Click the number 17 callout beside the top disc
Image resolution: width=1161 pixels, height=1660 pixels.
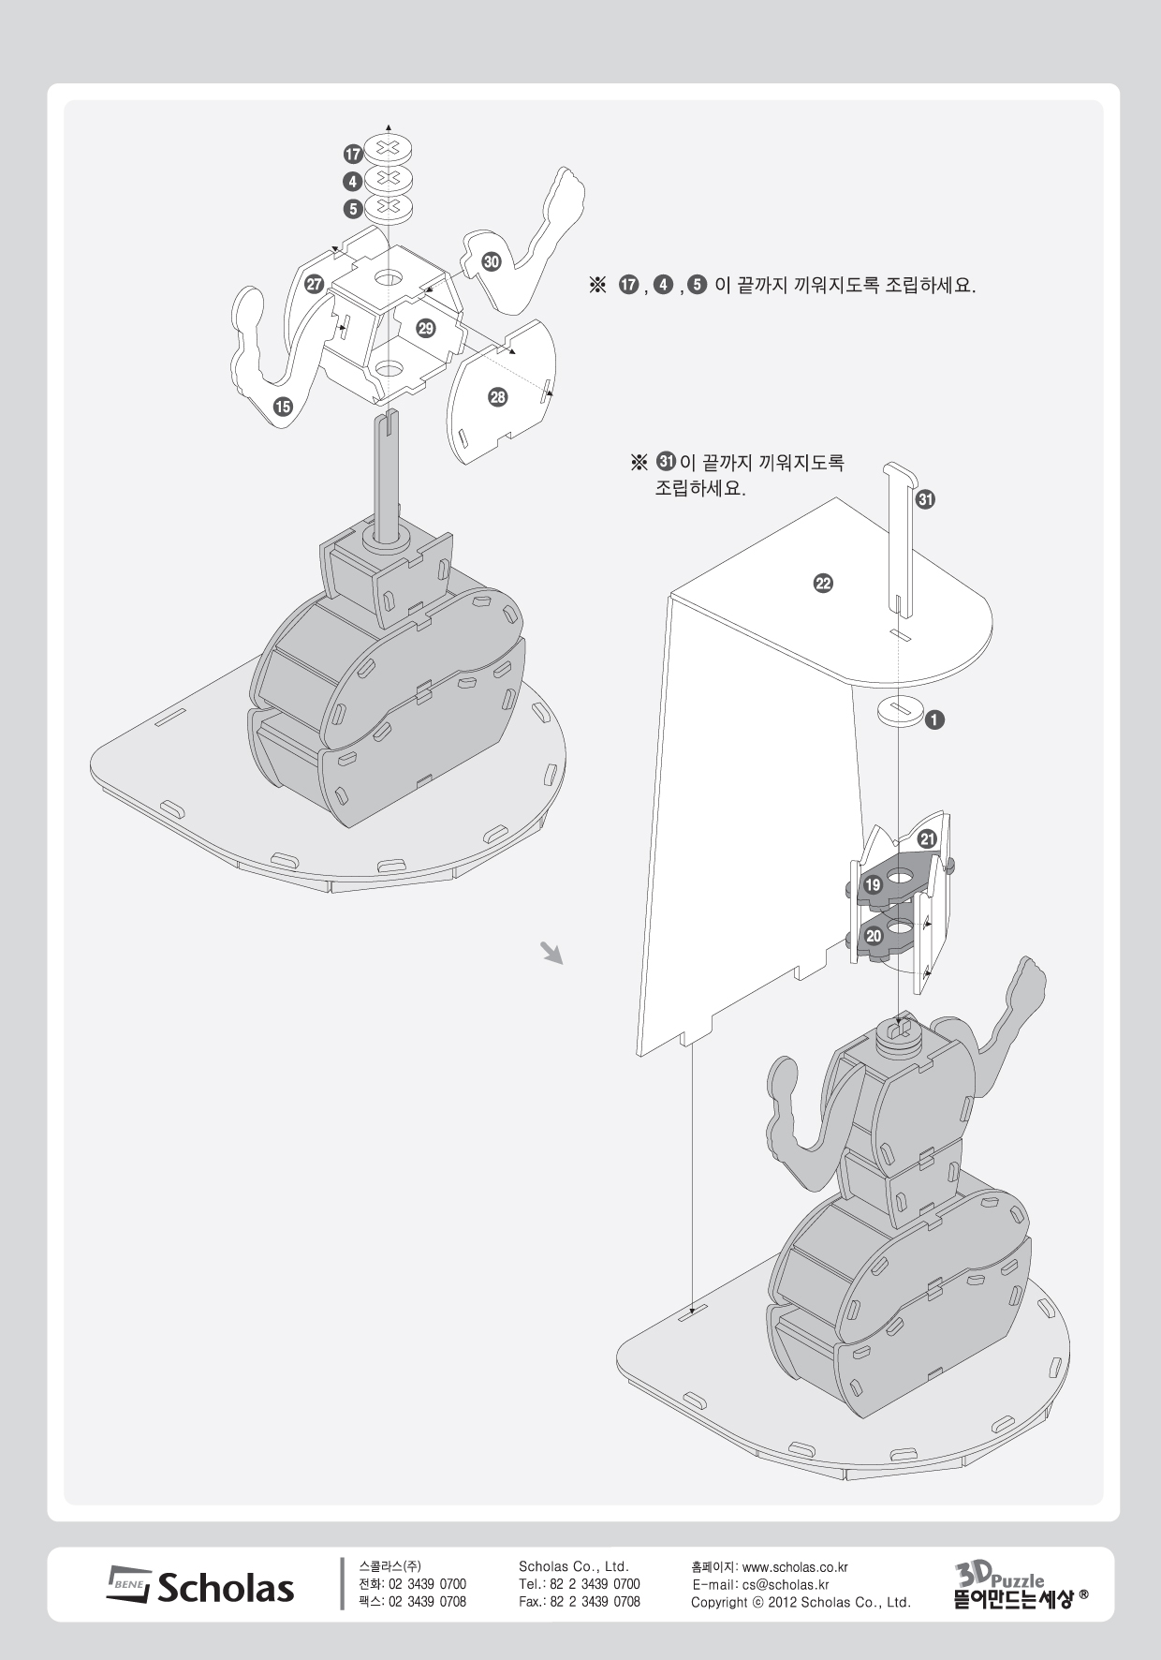coord(352,155)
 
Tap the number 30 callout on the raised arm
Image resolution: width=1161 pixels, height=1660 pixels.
coord(492,261)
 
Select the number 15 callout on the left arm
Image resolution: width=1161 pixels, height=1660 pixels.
coord(282,406)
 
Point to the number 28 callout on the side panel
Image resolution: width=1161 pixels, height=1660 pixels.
coord(497,397)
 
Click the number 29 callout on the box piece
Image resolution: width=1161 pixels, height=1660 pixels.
coord(426,328)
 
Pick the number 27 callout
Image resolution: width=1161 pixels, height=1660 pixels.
coord(315,284)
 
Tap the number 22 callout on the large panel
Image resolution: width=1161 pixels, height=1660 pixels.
coord(822,584)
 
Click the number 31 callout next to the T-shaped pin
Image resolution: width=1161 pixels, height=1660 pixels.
coord(925,499)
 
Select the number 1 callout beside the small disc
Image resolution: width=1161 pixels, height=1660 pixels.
coord(934,719)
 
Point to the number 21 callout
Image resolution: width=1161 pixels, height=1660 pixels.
coord(927,838)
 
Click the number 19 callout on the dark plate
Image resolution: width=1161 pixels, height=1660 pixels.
coord(873,884)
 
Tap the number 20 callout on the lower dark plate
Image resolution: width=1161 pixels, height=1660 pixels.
coord(873,936)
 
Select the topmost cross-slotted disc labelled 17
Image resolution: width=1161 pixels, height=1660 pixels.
coord(389,148)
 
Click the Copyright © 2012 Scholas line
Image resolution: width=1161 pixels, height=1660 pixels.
coord(801,1603)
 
